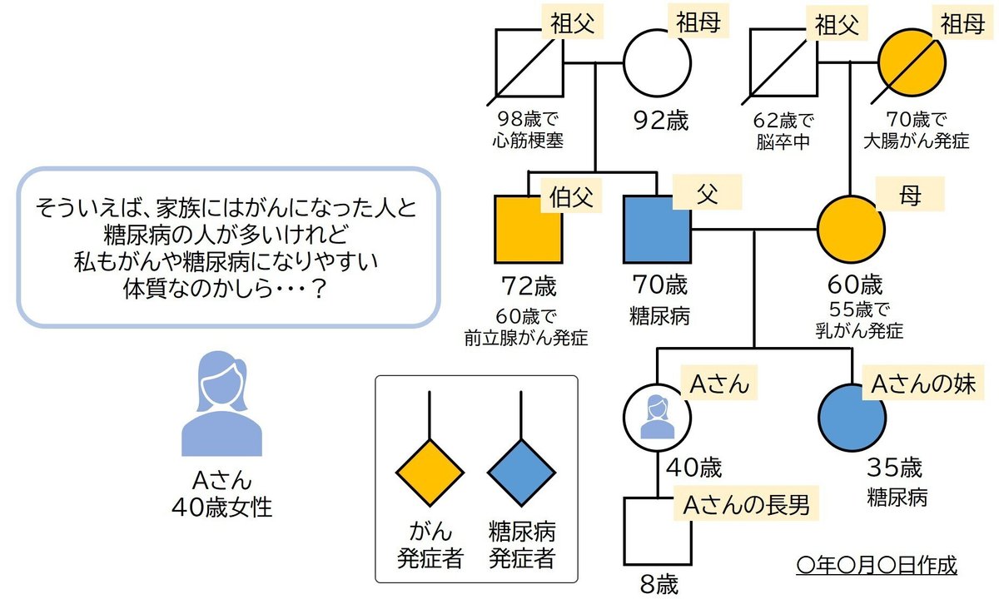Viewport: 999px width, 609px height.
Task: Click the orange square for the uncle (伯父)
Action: [x=529, y=230]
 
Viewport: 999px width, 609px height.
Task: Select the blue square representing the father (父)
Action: [x=658, y=230]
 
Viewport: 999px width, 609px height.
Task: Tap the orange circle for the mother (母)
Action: [x=851, y=230]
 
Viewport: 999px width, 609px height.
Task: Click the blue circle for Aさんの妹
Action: [x=852, y=416]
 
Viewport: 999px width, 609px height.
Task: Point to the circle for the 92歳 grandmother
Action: [x=658, y=65]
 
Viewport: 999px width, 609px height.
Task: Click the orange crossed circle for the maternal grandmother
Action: [x=913, y=65]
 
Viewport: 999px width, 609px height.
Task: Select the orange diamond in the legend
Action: [x=429, y=472]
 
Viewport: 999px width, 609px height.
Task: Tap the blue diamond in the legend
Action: [x=521, y=472]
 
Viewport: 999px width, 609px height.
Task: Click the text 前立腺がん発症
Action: [x=526, y=339]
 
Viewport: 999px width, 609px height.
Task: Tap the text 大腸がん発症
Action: [x=917, y=141]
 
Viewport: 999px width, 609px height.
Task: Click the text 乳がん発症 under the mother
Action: [x=860, y=330]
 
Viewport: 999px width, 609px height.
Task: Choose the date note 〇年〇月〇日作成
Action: [x=877, y=566]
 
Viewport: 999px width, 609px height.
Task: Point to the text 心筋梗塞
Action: [x=528, y=141]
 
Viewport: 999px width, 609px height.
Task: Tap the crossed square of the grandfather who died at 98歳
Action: [x=529, y=65]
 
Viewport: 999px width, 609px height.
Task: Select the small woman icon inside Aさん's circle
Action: [x=657, y=416]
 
